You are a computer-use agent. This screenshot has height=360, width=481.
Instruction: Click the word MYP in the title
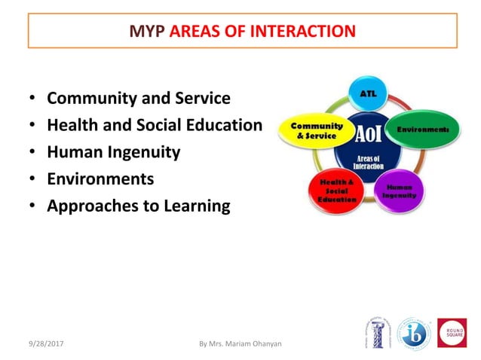146,31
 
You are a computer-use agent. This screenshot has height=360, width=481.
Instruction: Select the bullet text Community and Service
139,99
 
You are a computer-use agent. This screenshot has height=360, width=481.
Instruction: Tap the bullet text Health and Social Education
155,126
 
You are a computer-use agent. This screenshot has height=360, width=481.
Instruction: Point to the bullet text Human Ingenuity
114,152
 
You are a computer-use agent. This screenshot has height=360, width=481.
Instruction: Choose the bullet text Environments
100,179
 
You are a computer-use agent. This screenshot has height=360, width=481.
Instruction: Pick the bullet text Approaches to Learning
139,206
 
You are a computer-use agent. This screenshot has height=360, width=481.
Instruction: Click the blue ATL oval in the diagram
367,94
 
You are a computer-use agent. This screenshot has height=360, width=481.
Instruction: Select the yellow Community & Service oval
311,130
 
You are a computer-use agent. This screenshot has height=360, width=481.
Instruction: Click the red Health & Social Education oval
332,191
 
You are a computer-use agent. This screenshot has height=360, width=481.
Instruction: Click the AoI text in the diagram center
368,134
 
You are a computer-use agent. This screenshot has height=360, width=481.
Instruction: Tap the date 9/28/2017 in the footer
45,343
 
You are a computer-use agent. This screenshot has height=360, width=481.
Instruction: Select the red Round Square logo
452,332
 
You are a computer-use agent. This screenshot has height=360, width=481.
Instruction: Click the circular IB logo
414,332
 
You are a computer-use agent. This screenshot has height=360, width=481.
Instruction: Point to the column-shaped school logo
377,332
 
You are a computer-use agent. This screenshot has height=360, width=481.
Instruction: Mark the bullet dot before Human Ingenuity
32,153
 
